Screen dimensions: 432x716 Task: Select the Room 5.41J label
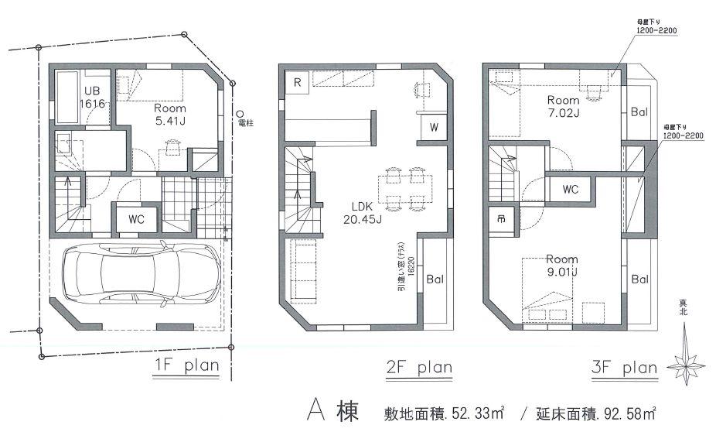(x=170, y=115)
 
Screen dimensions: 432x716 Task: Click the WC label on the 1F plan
(x=137, y=219)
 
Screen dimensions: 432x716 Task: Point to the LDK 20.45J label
(x=363, y=213)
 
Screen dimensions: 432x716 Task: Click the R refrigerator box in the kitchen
(x=297, y=81)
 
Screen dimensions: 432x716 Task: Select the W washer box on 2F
(x=433, y=129)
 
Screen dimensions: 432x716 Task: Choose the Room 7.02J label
(x=563, y=106)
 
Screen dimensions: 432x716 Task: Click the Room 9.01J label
(x=562, y=265)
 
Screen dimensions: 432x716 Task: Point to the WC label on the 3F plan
(x=571, y=189)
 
